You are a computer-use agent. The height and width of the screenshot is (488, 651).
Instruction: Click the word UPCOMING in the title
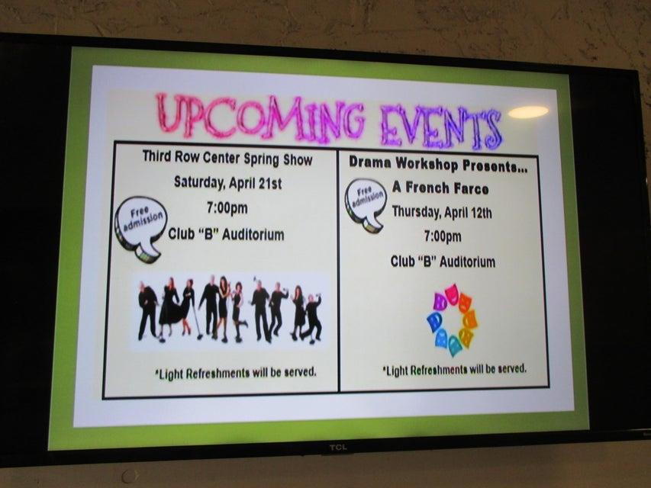pyautogui.click(x=261, y=117)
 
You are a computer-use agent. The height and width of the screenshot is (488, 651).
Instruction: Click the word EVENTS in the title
pyautogui.click(x=441, y=127)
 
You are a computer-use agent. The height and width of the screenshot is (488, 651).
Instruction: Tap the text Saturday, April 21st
pyautogui.click(x=227, y=182)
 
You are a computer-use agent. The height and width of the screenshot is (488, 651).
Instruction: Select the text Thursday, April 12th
pyautogui.click(x=442, y=213)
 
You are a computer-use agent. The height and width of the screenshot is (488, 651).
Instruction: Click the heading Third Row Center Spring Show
pyautogui.click(x=227, y=158)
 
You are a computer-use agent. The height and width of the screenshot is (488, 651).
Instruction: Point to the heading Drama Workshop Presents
pyautogui.click(x=438, y=165)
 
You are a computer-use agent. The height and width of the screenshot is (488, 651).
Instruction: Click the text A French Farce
pyautogui.click(x=440, y=188)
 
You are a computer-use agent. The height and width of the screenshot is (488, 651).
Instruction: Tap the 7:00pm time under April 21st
pyautogui.click(x=227, y=207)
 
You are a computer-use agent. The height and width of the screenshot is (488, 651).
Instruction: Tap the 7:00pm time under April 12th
pyautogui.click(x=443, y=236)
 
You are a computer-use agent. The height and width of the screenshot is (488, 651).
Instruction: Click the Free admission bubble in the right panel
pyautogui.click(x=366, y=204)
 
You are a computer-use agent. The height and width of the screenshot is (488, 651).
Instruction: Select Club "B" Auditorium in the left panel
pyautogui.click(x=226, y=234)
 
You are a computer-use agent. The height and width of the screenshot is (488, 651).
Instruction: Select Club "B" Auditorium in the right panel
pyautogui.click(x=443, y=262)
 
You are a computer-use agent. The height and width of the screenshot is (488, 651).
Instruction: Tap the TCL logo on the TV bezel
pyautogui.click(x=338, y=448)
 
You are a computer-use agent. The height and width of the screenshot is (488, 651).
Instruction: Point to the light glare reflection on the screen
pyautogui.click(x=527, y=111)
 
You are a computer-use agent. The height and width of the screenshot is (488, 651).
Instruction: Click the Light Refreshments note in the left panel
pyautogui.click(x=236, y=373)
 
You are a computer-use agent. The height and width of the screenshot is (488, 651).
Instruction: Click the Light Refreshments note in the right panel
pyautogui.click(x=454, y=369)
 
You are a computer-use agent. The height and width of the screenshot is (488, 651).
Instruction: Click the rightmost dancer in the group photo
pyautogui.click(x=312, y=318)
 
